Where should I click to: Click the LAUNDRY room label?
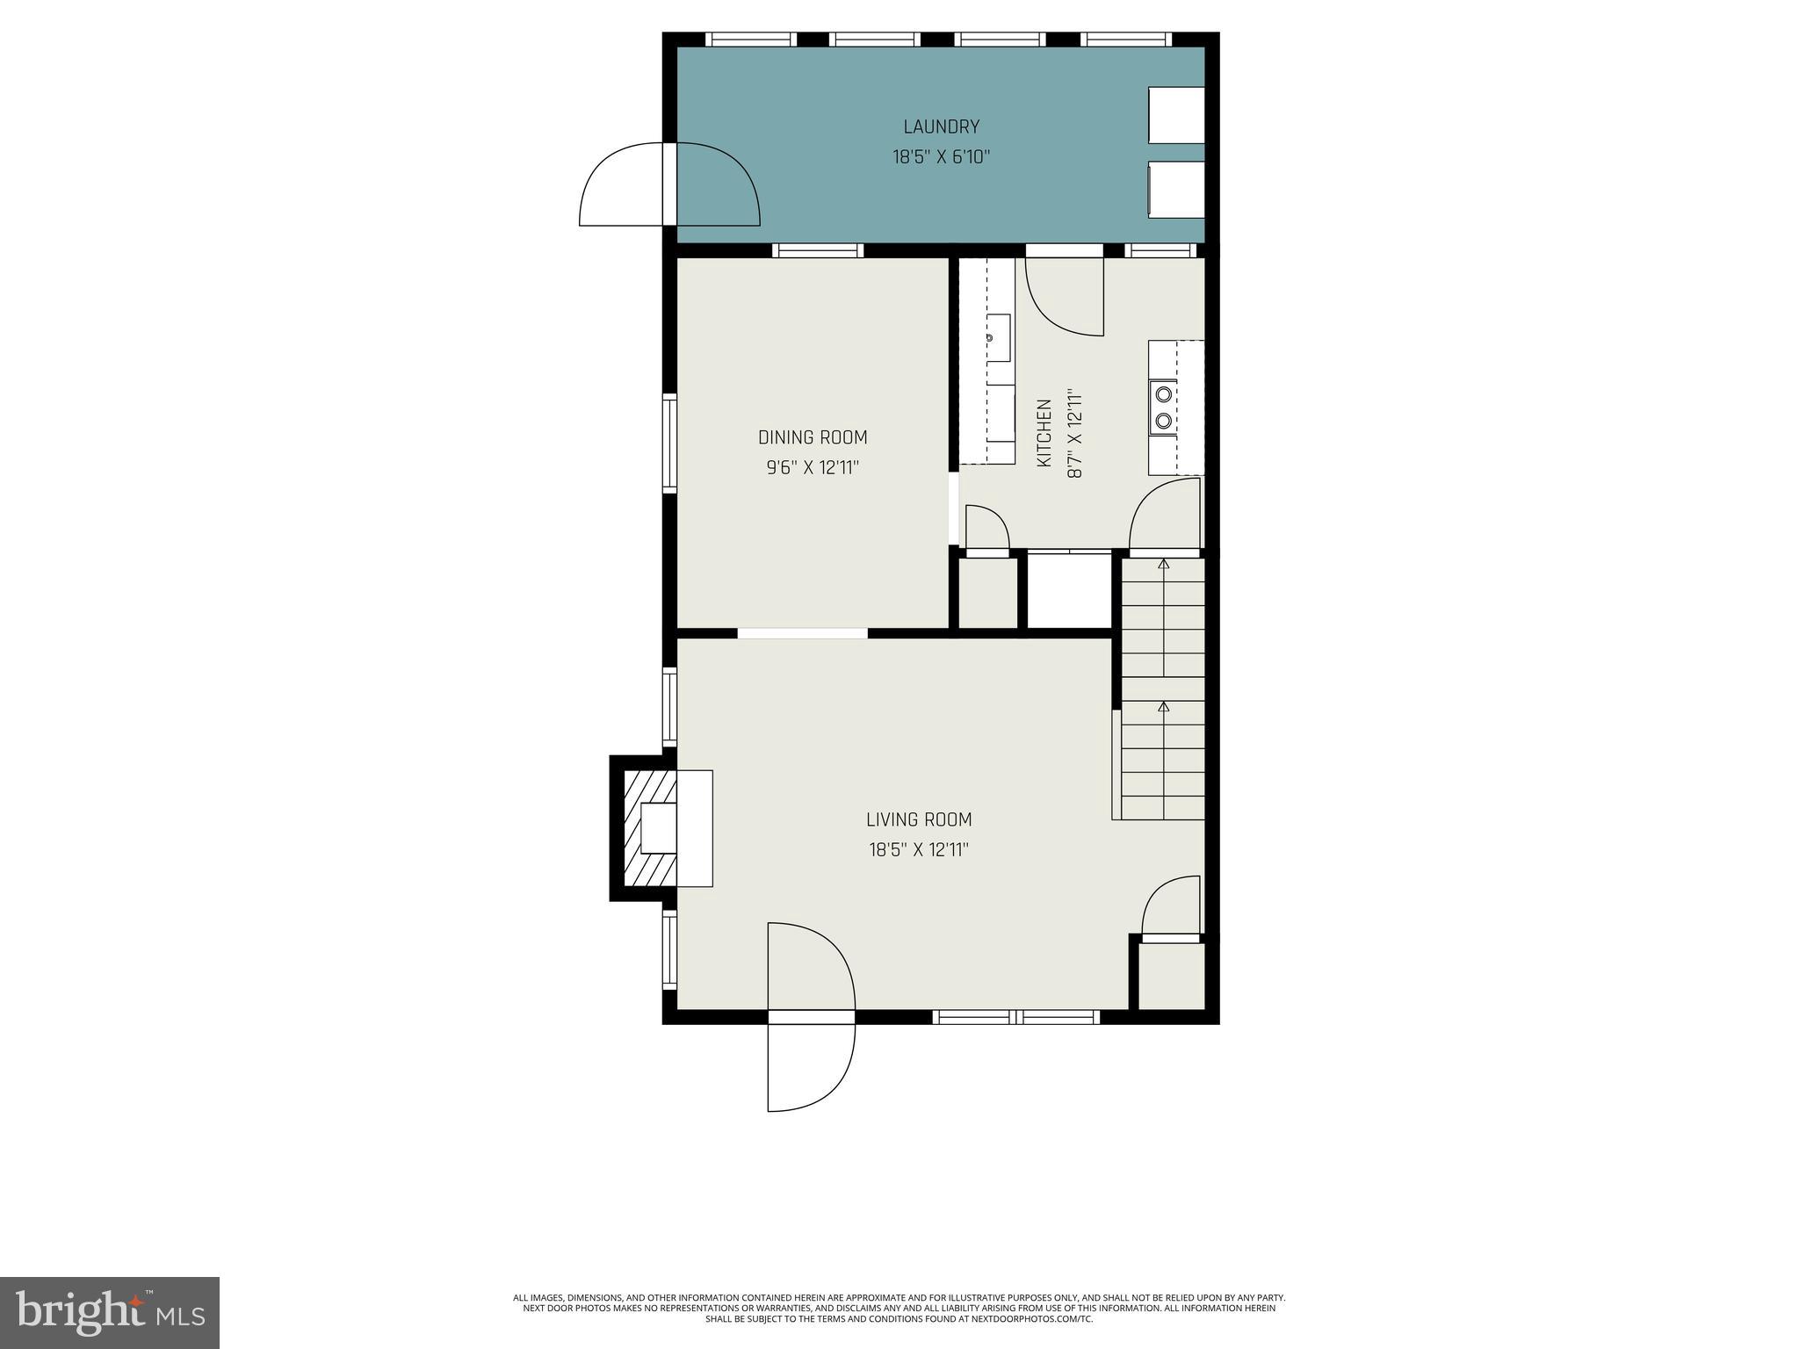(x=941, y=127)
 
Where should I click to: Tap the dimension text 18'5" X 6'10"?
(x=941, y=158)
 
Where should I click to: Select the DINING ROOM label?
(x=812, y=437)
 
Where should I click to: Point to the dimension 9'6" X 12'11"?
(x=812, y=468)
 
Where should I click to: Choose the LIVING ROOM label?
(x=918, y=819)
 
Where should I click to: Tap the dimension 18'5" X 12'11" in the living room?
(x=918, y=850)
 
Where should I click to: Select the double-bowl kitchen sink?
(x=1163, y=407)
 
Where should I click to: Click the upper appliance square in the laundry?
(x=1176, y=115)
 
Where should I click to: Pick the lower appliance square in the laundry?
(x=1176, y=189)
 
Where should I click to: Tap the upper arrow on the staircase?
(x=1164, y=565)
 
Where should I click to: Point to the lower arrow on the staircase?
(x=1164, y=707)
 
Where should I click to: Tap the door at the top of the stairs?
(x=1165, y=518)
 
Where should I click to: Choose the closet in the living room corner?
(x=1171, y=975)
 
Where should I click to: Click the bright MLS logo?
(x=109, y=1312)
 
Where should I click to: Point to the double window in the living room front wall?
(x=1015, y=1017)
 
